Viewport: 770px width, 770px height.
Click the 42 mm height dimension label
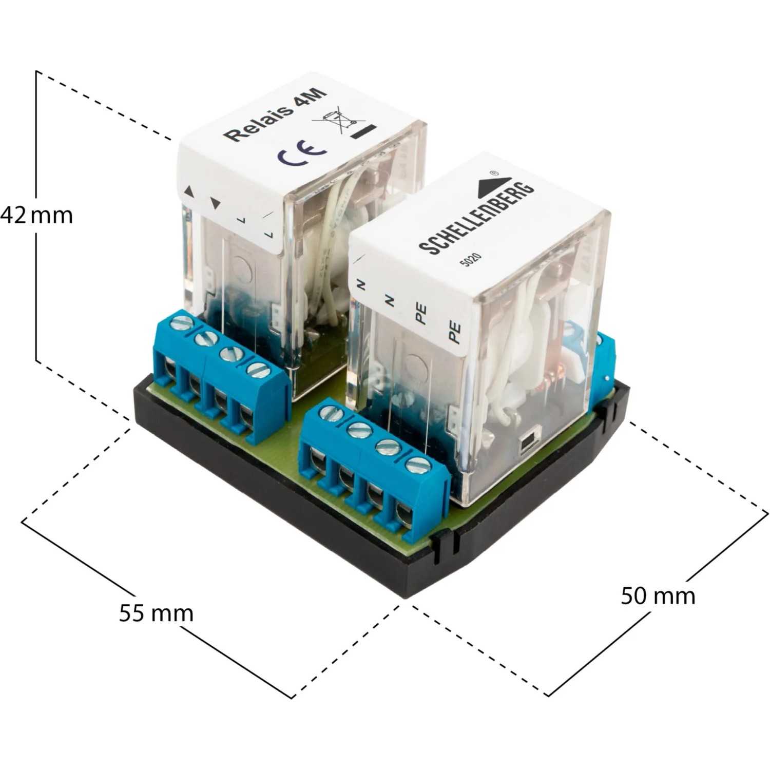36,215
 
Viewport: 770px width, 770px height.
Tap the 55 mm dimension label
156,613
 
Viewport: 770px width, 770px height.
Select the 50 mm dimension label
658,596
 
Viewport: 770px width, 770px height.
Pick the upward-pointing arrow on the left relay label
189,192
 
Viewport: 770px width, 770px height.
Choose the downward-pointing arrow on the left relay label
216,204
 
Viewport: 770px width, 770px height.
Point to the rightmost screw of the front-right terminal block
418,465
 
